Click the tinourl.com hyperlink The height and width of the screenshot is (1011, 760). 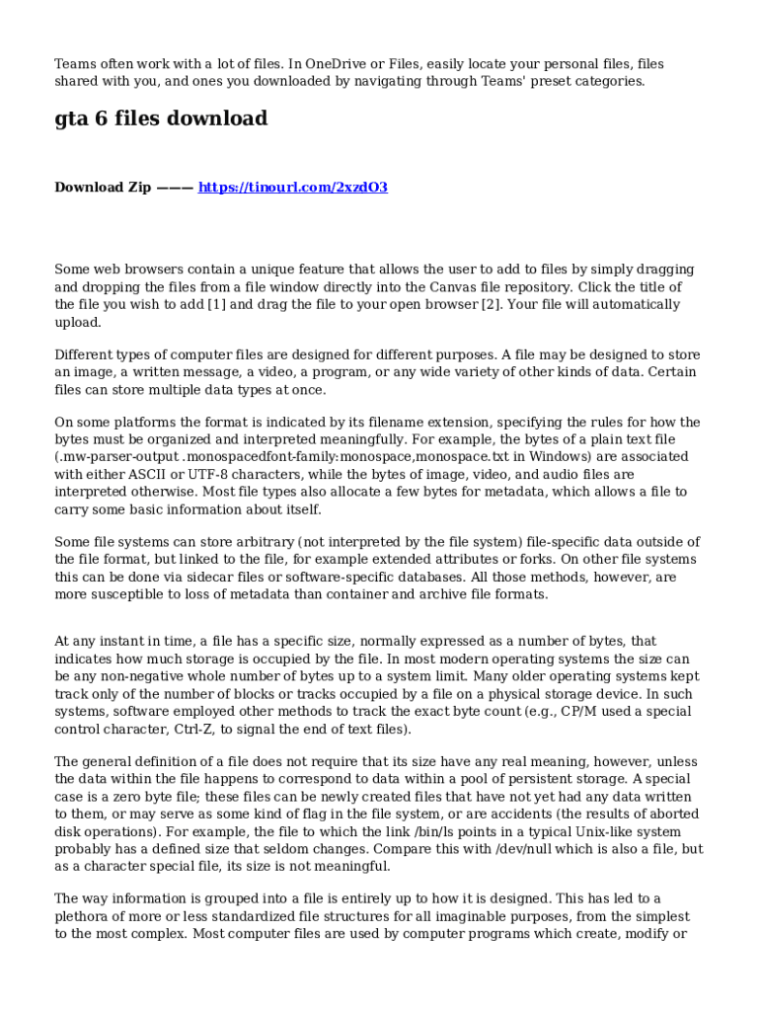pyautogui.click(x=293, y=187)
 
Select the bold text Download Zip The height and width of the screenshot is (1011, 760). pyautogui.click(x=103, y=187)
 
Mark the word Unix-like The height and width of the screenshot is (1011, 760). pyautogui.click(x=596, y=831)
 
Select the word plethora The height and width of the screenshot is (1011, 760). pyautogui.click(x=86, y=916)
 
